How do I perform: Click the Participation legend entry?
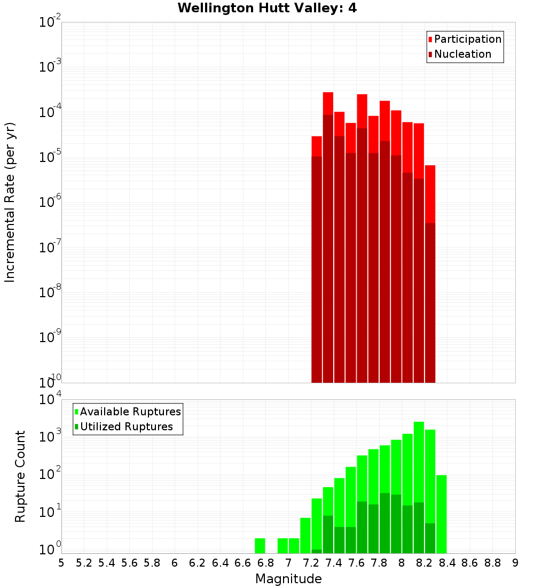point(467,39)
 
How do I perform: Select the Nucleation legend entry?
point(462,54)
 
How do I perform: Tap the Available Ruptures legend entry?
point(130,412)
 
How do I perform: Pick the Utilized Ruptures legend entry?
point(126,427)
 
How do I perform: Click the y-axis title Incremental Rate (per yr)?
point(10,202)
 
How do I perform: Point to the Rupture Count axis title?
point(20,476)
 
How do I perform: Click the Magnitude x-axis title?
point(288,579)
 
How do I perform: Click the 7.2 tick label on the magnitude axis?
point(311,563)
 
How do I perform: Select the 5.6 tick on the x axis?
point(129,563)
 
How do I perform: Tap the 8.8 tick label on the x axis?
point(492,563)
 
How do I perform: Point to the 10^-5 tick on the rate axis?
point(50,157)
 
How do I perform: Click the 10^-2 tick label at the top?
point(50,22)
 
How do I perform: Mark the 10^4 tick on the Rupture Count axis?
point(50,399)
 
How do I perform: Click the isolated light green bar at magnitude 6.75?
point(260,545)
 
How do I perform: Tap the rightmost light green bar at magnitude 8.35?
point(441,513)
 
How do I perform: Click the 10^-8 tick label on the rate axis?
point(50,292)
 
